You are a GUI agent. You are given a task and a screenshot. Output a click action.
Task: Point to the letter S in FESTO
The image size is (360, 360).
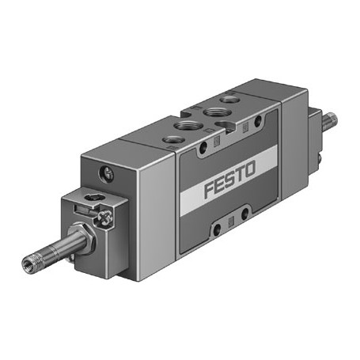pos(229,180)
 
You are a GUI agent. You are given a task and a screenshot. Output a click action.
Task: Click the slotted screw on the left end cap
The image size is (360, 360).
pos(107,174)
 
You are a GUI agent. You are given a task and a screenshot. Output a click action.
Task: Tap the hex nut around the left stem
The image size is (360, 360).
pos(82,238)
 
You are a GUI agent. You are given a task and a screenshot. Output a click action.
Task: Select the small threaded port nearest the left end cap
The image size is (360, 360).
pos(172,140)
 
